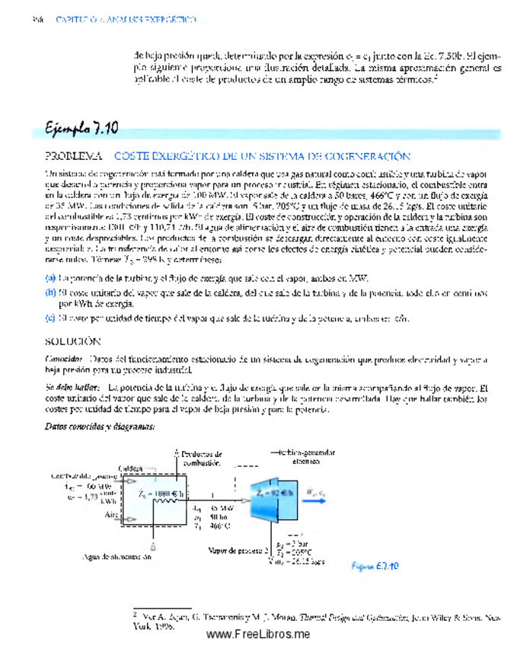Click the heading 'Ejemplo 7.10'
(x=81, y=127)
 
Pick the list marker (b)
(x=50, y=292)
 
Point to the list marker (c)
(x=50, y=318)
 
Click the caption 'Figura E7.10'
(x=374, y=565)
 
